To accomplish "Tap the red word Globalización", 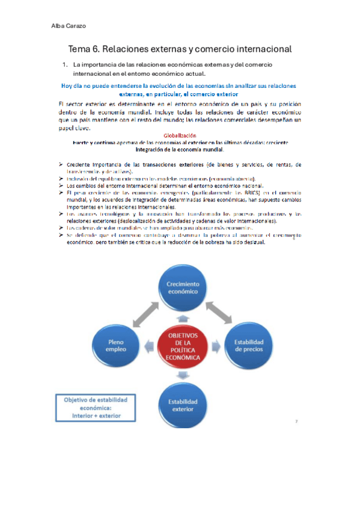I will [x=180, y=136].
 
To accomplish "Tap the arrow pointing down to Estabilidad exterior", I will [x=181, y=374].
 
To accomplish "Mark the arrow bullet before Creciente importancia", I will [x=63, y=164].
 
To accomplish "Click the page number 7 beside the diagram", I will [x=296, y=422].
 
